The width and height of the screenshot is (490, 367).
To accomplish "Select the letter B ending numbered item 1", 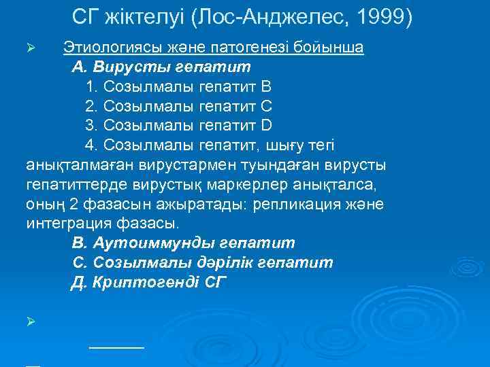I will coord(266,87).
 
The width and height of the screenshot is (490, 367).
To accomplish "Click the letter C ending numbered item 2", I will coord(267,107).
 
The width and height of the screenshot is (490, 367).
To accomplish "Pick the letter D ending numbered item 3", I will coord(267,126).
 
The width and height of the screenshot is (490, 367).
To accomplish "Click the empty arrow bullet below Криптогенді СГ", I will coord(30,319).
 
